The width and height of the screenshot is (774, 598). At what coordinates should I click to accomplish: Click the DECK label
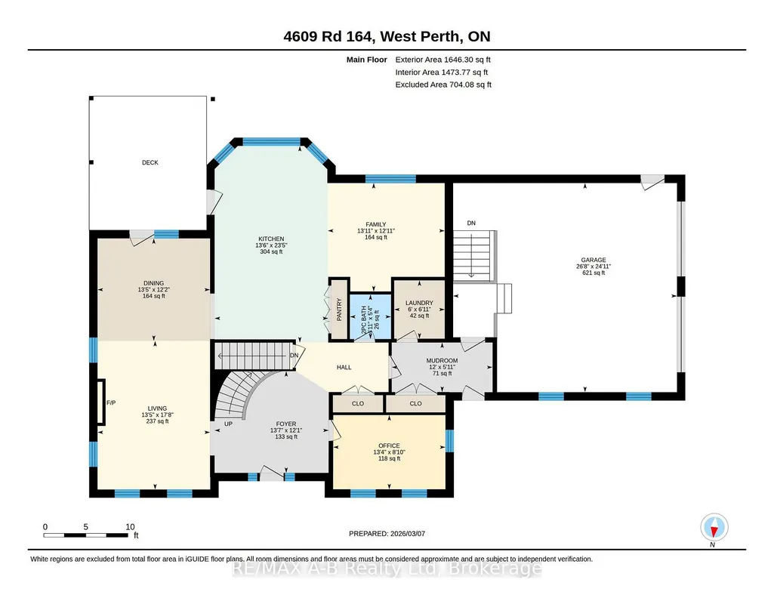coord(150,162)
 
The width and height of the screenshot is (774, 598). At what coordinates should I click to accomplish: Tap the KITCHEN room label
coord(271,239)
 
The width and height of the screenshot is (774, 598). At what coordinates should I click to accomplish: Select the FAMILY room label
coord(375,224)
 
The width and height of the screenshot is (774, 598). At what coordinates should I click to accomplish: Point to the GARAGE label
coord(594,260)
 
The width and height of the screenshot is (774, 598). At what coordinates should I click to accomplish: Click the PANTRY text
coord(339,310)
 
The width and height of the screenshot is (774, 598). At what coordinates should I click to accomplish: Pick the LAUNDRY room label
coord(419,303)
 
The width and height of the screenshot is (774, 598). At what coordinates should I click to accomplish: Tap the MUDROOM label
coord(442,361)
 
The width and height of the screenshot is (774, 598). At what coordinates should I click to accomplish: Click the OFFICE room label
coord(389,445)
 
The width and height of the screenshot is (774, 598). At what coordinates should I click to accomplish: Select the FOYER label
coord(285,424)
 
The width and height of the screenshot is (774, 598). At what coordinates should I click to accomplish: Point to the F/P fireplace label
coord(111,403)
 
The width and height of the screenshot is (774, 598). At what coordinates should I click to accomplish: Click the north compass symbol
coord(714,528)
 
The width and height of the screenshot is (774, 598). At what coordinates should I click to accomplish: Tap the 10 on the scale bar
coord(130,526)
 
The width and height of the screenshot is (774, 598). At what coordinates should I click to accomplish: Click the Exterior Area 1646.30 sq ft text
coord(443,60)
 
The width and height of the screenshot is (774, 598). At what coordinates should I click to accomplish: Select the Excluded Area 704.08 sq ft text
coord(443,85)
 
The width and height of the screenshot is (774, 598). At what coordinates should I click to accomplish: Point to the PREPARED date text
coord(387,533)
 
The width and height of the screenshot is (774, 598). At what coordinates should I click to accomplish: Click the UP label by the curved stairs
coord(228,424)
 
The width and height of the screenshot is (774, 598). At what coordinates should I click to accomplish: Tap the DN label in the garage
coord(471,223)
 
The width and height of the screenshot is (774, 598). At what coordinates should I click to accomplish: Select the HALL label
coord(344,367)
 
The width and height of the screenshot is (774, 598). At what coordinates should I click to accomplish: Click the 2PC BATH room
coord(370,316)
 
